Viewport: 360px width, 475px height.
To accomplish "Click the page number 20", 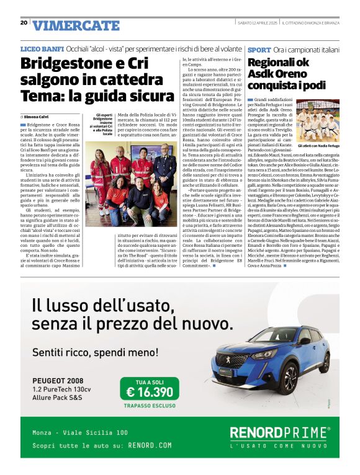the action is point(23,22).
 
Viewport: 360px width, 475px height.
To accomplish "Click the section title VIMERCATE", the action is point(76,25).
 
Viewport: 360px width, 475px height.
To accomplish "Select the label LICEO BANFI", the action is point(42,48).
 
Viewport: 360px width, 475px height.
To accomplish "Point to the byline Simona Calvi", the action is point(37,117).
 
